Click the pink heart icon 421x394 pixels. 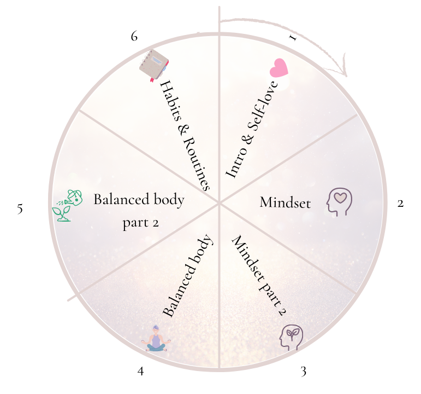pos(278,68)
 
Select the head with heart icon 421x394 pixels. pos(339,201)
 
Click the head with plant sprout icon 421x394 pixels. pos(291,337)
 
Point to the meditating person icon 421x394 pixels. pos(156,339)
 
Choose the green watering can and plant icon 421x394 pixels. pos(68,205)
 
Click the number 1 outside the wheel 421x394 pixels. pos(293,38)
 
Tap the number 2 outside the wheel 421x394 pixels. pos(400,204)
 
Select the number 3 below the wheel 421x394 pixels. pos(303,372)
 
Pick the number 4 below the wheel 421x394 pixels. pos(141,372)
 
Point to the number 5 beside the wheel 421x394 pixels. pos(20,209)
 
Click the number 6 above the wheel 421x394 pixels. pos(134,37)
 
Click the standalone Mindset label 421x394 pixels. pos(285,203)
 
